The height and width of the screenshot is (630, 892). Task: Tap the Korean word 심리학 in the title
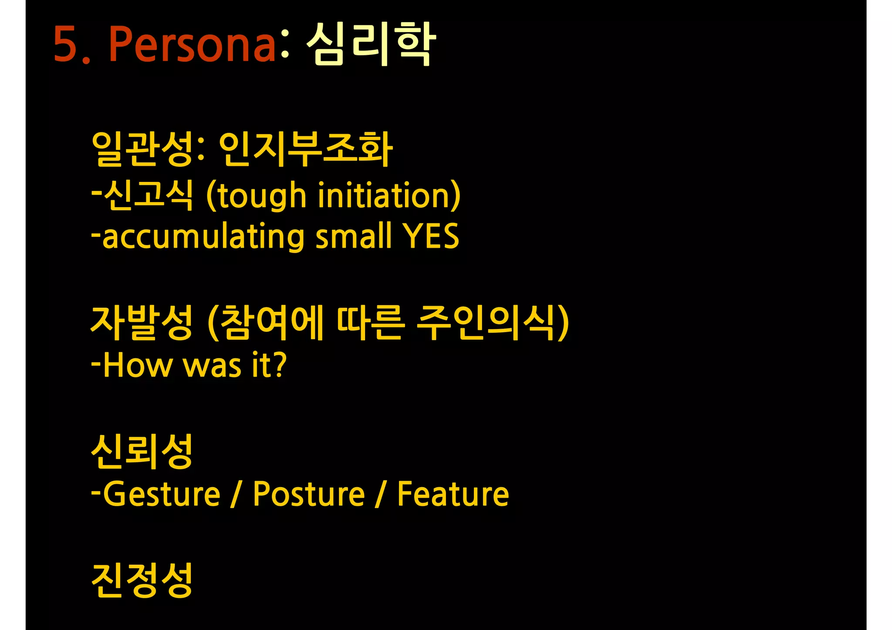(x=371, y=44)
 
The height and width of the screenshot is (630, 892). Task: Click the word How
(x=138, y=365)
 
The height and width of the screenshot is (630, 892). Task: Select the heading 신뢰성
(x=142, y=451)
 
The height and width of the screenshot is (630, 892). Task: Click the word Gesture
(x=162, y=494)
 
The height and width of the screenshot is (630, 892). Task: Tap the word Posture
(x=308, y=494)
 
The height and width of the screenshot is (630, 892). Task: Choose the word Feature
(x=453, y=494)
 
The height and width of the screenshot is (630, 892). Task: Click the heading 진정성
(x=142, y=580)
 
